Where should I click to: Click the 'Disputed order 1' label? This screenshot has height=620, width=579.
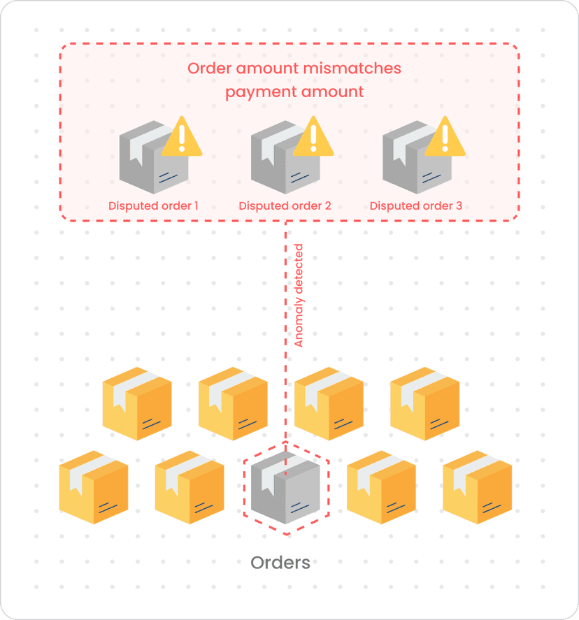(x=153, y=206)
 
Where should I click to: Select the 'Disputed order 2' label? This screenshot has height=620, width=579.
(x=285, y=206)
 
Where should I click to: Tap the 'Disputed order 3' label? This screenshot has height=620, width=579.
(x=416, y=206)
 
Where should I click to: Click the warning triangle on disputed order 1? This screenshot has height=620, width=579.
(x=182, y=138)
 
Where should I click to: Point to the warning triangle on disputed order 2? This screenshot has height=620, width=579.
(x=313, y=138)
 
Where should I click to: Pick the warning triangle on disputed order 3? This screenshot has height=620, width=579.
(x=445, y=138)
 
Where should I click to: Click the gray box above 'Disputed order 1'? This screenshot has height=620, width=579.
(x=151, y=161)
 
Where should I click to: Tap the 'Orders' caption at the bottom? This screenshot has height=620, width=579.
(x=280, y=563)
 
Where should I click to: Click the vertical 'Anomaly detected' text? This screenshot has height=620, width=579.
(x=299, y=296)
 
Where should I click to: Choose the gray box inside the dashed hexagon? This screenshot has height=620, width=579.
(x=286, y=488)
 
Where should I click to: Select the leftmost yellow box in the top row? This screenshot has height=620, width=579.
(x=137, y=403)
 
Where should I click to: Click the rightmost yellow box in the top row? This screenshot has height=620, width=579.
(x=424, y=403)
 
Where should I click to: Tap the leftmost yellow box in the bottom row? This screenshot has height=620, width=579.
(x=94, y=487)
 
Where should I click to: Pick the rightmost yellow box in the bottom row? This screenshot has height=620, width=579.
(x=478, y=487)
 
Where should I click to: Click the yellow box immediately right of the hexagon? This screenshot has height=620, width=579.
(x=381, y=487)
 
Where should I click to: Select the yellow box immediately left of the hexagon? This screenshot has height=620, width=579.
(x=190, y=487)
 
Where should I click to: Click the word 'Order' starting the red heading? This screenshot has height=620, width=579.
(x=209, y=69)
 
